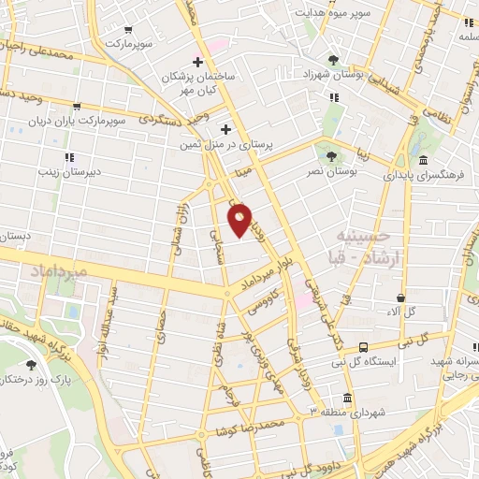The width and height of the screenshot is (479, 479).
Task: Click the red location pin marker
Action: click(240, 221)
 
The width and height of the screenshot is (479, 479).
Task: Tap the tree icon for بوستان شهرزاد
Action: click(334, 58)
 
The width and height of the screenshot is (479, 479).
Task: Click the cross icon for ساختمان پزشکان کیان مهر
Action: click(197, 62)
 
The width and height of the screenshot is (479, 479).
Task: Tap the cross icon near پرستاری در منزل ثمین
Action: click(225, 129)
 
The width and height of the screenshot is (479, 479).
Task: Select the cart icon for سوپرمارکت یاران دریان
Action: click(76, 108)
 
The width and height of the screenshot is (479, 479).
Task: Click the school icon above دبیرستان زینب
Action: click(68, 156)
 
